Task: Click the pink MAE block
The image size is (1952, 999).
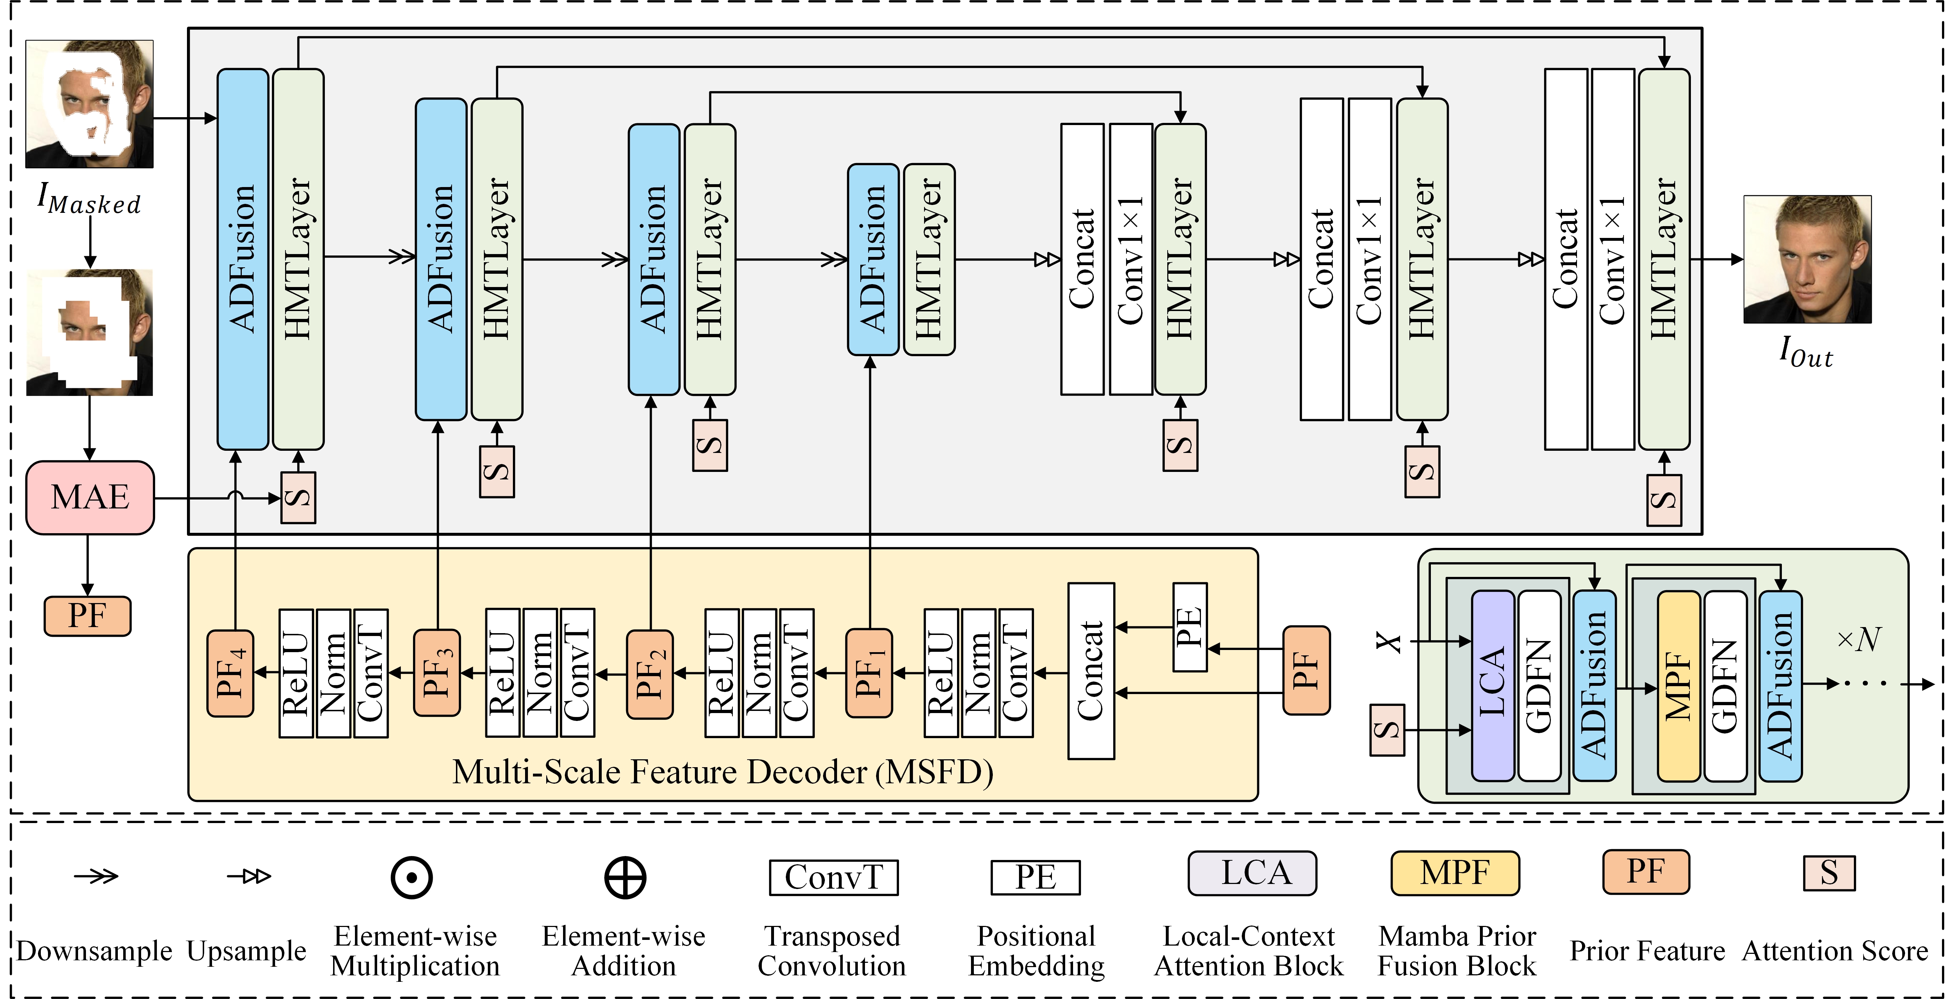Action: tap(90, 497)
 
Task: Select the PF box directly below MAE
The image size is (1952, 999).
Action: tap(87, 616)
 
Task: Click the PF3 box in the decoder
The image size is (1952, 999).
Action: tap(437, 672)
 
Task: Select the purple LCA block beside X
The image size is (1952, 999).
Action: tap(1492, 685)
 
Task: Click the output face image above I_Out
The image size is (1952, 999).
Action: tap(1807, 259)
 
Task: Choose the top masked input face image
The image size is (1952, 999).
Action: tap(90, 104)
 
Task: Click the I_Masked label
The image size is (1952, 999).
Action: tap(90, 199)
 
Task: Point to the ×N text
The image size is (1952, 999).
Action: tap(1859, 639)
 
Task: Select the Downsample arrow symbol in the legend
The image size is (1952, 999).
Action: tap(96, 876)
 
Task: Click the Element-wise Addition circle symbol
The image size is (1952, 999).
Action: tap(625, 878)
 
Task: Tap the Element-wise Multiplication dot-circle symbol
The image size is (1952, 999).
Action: tap(412, 878)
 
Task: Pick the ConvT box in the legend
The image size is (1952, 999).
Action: tap(833, 877)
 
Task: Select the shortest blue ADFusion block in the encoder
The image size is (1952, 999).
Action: tap(873, 259)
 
